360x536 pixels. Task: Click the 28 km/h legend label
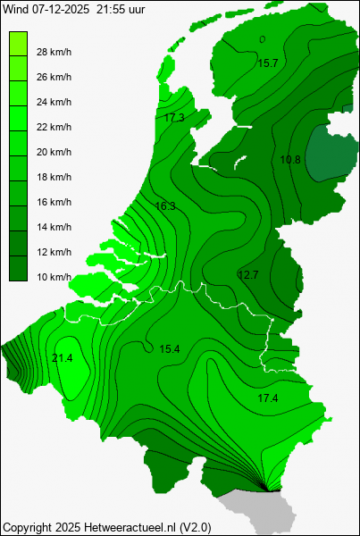(x=54, y=52)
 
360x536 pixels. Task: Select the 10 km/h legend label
(x=54, y=277)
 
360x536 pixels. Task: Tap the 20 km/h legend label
(x=54, y=152)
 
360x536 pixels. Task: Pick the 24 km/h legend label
(x=54, y=102)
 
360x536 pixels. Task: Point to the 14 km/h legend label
(x=54, y=227)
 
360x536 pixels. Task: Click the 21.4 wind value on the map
(x=63, y=358)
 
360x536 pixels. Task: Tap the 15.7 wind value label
(x=267, y=63)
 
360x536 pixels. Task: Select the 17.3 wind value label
(x=174, y=118)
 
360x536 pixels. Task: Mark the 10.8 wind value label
(x=290, y=160)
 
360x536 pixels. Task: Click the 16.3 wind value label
(x=165, y=206)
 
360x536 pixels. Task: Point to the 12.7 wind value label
(x=247, y=274)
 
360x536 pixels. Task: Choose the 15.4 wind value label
(x=170, y=348)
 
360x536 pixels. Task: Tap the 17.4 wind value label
(x=267, y=398)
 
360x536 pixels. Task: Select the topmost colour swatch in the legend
(x=18, y=39)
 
